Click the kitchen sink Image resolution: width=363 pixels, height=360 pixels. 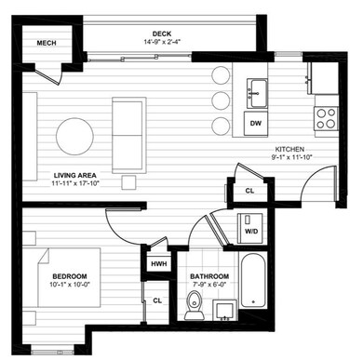[x=258, y=91]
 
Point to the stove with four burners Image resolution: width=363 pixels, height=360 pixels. [x=326, y=118]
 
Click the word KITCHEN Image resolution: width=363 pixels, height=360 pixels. [x=289, y=149]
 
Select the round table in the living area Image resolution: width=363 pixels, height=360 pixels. [x=75, y=137]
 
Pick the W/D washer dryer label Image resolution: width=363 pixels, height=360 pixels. [x=250, y=232]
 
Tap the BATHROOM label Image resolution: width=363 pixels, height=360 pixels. [x=209, y=277]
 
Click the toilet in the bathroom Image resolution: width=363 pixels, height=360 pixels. [x=195, y=300]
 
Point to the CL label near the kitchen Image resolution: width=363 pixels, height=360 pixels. [x=249, y=191]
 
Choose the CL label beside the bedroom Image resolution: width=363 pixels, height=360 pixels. [x=157, y=300]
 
